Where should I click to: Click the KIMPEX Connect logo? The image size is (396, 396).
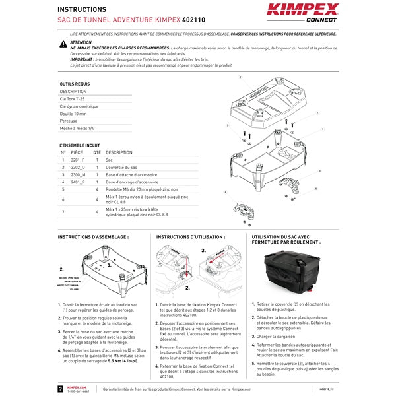tap(302, 13)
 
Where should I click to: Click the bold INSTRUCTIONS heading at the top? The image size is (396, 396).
tap(82, 10)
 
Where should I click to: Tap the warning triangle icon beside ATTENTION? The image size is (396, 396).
tap(63, 43)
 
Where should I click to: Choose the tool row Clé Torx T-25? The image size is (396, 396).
tap(73, 98)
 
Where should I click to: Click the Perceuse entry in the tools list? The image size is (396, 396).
tap(69, 121)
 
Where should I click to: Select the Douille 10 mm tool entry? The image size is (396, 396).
tap(73, 114)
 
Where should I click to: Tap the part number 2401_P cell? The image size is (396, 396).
tap(78, 181)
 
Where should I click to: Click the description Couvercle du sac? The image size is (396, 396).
tap(121, 167)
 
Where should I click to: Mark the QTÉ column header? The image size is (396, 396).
tap(97, 152)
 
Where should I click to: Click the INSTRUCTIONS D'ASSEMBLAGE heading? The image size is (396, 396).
tap(93, 236)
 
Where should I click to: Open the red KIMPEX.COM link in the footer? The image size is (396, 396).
tap(77, 387)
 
